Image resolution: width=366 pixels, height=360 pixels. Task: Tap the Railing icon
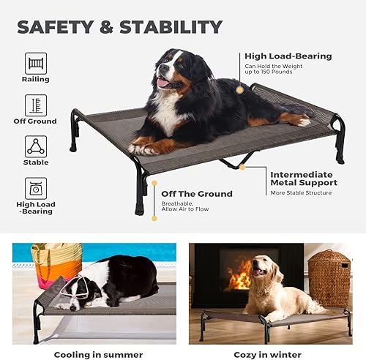(36, 61)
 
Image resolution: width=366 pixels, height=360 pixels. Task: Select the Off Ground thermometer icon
(36, 105)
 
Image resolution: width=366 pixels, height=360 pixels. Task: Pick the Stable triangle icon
(36, 145)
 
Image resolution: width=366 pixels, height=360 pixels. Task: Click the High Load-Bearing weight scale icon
(36, 187)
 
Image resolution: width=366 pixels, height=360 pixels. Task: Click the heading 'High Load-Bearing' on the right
(288, 56)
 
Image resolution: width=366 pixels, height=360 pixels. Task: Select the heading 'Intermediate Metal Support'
(304, 179)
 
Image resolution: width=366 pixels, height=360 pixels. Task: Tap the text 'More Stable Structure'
(301, 193)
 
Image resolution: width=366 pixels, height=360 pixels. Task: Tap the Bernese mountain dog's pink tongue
(163, 82)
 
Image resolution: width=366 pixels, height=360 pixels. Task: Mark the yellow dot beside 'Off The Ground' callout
(154, 217)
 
